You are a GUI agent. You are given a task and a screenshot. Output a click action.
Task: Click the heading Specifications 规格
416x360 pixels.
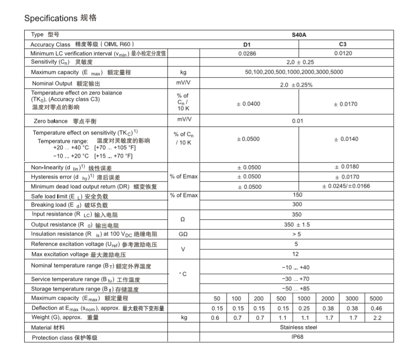[x=60, y=19]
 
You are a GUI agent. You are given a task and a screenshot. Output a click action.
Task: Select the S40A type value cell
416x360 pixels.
[x=299, y=35]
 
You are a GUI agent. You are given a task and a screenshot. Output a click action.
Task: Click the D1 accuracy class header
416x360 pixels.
[x=247, y=44]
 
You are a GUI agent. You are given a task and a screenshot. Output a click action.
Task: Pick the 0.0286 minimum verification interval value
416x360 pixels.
[x=247, y=53]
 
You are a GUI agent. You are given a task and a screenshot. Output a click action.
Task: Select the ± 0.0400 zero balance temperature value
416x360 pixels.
[x=248, y=104]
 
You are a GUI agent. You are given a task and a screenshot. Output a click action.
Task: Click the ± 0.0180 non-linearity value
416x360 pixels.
[x=346, y=167]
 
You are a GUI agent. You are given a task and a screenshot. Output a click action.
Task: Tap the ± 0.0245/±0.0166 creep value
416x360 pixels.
[x=346, y=186]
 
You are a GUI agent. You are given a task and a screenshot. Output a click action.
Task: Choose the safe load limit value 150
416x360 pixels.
[x=297, y=195]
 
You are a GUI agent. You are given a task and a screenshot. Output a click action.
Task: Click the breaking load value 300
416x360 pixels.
[x=297, y=204]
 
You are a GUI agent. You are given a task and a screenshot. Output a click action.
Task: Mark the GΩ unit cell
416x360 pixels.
[x=183, y=235]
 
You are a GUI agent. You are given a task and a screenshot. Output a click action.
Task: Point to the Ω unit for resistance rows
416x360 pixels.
[x=183, y=219]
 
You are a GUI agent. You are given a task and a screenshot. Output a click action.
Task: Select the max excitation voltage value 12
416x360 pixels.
[x=296, y=254]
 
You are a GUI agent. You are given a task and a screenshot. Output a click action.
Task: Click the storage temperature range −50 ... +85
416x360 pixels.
[x=296, y=289]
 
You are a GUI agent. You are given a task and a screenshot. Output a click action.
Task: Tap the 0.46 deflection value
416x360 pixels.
[x=376, y=308]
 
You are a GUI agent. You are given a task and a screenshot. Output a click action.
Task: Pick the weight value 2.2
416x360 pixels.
[x=376, y=318]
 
